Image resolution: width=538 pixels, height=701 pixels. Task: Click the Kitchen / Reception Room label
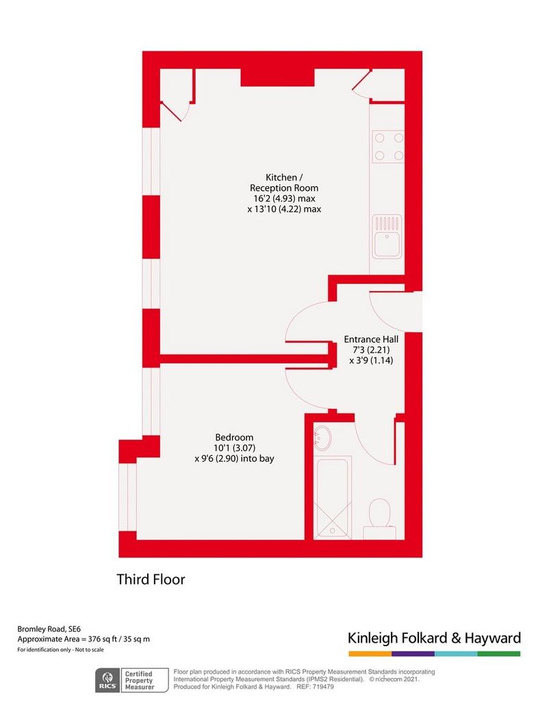pyautogui.click(x=284, y=182)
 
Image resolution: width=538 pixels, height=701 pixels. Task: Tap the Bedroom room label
pyautogui.click(x=234, y=437)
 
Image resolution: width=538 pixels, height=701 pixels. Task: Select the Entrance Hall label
pyautogui.click(x=371, y=340)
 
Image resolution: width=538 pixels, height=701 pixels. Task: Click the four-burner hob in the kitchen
pyautogui.click(x=388, y=146)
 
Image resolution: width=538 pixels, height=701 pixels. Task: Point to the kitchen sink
pyautogui.click(x=387, y=236)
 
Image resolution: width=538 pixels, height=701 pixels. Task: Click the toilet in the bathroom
pyautogui.click(x=380, y=519)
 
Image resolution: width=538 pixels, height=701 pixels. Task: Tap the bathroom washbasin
pyautogui.click(x=322, y=437)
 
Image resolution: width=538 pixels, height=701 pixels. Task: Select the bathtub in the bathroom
pyautogui.click(x=333, y=497)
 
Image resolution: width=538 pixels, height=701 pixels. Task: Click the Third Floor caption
pyautogui.click(x=151, y=579)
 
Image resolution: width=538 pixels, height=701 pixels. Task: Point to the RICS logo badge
pyautogui.click(x=107, y=680)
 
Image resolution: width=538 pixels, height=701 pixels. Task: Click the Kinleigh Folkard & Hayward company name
pyautogui.click(x=434, y=638)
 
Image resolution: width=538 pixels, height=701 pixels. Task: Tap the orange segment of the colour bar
pyautogui.click(x=370, y=654)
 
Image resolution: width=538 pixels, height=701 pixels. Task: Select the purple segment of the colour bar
pyautogui.click(x=413, y=654)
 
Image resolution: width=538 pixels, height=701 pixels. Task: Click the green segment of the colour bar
pyautogui.click(x=499, y=654)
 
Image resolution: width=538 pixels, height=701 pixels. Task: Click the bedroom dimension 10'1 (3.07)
pyautogui.click(x=234, y=448)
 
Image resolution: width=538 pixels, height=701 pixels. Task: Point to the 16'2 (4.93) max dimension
pyautogui.click(x=284, y=199)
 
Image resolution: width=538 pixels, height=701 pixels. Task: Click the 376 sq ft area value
pyautogui.click(x=100, y=639)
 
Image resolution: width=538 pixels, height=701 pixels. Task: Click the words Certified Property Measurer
pyautogui.click(x=140, y=680)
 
